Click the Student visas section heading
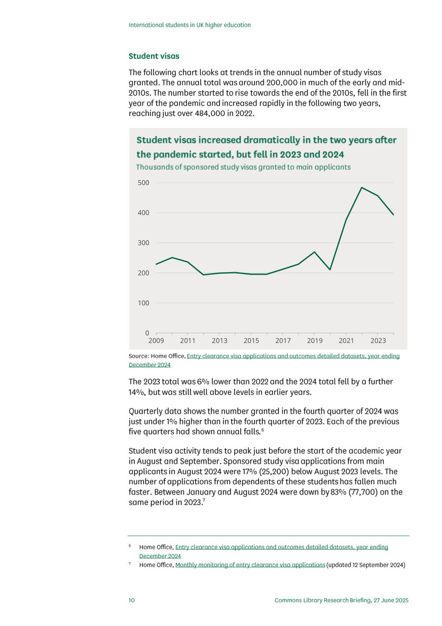pos(154,56)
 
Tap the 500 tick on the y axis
pos(144,183)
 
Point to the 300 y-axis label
pos(144,243)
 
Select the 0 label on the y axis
pos(147,333)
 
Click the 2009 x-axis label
pos(156,341)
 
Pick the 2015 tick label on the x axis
pos(251,341)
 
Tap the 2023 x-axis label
pos(378,341)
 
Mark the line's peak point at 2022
pos(362,188)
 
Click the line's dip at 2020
pos(330,270)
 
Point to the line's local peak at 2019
pos(314,252)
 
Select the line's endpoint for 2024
pos(393,214)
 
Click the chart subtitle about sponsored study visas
pos(243,167)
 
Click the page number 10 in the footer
pos(132,601)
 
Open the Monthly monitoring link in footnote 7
pos(250,565)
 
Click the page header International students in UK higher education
pos(190,25)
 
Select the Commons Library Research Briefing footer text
pos(342,601)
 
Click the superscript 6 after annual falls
pos(263,430)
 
